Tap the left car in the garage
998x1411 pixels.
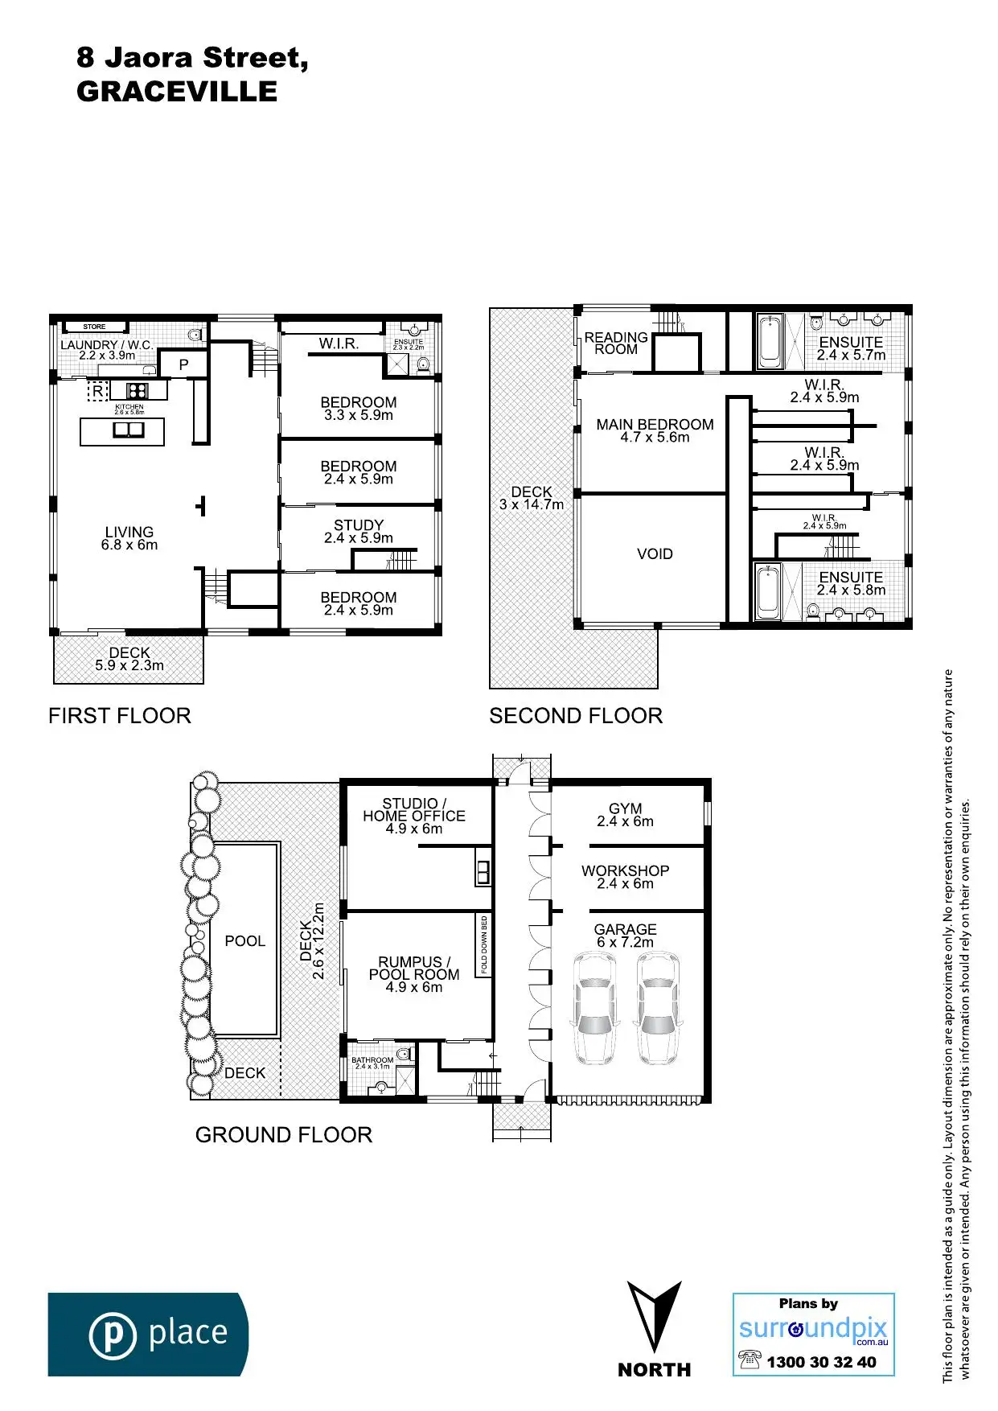coord(594,1009)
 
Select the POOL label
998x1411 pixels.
coord(244,941)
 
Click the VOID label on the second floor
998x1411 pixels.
coord(655,554)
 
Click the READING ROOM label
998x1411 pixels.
coord(616,343)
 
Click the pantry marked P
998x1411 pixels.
coord(184,364)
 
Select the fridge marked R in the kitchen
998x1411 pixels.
coord(97,392)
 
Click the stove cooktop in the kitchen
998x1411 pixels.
coord(138,391)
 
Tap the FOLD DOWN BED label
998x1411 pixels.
coord(484,945)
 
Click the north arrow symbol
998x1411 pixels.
coord(654,1316)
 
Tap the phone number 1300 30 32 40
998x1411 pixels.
coord(821,1362)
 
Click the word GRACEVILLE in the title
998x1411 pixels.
coord(177,92)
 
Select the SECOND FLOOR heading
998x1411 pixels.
coord(576,716)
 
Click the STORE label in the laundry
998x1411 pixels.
coord(94,327)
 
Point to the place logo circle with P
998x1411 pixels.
coord(113,1335)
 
